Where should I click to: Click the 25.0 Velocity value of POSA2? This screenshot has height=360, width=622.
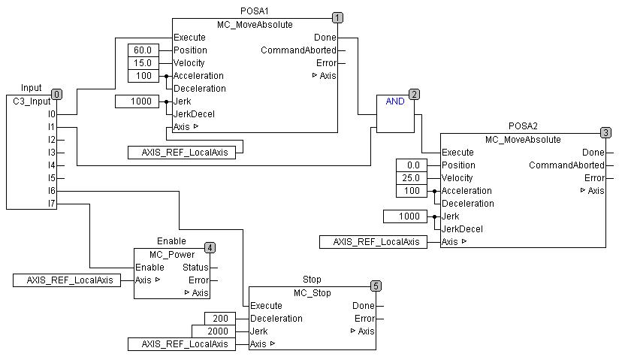pos(412,178)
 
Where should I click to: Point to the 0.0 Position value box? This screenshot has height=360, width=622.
pos(412,165)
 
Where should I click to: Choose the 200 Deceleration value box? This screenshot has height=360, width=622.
pos(221,319)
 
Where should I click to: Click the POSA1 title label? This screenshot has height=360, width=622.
pos(255,11)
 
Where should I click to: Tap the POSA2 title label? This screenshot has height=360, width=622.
pos(523,126)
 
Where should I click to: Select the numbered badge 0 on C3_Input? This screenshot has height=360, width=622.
pos(56,94)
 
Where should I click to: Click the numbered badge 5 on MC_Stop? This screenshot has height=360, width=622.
pos(376,286)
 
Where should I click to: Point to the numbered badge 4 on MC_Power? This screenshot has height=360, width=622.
pos(210,247)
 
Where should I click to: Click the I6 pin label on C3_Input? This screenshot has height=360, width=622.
pos(51,191)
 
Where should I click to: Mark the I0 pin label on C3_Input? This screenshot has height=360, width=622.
pos(51,114)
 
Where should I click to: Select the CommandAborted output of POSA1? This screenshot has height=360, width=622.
pos(298,50)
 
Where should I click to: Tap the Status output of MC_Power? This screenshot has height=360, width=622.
pos(196,268)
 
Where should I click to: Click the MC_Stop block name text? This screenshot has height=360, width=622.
pos(313,292)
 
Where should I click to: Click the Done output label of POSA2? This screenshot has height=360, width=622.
pos(593,153)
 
